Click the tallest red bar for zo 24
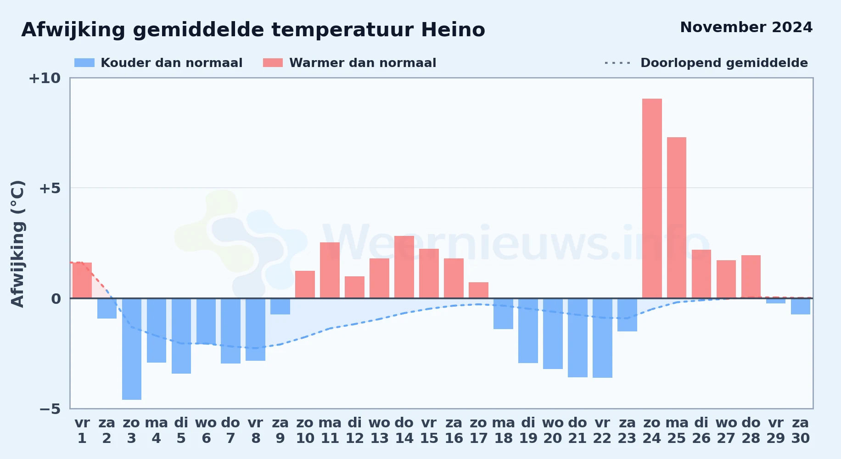pyautogui.click(x=652, y=198)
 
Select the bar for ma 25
pyautogui.click(x=677, y=218)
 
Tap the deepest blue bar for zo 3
pyautogui.click(x=132, y=349)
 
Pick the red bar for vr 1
pyautogui.click(x=82, y=280)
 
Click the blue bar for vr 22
pyautogui.click(x=602, y=338)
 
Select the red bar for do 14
pyautogui.click(x=404, y=267)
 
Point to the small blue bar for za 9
pyautogui.click(x=280, y=306)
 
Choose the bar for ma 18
pyautogui.click(x=503, y=313)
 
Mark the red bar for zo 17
pyautogui.click(x=478, y=290)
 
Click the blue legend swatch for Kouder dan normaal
pyautogui.click(x=84, y=63)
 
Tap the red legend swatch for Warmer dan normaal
pyautogui.click(x=273, y=63)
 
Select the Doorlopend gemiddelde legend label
pyautogui.click(x=724, y=63)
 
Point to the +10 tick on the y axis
pyautogui.click(x=45, y=78)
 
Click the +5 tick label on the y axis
pyautogui.click(x=50, y=188)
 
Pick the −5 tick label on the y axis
pyautogui.click(x=50, y=409)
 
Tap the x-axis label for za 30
pyautogui.click(x=801, y=430)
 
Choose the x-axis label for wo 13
pyautogui.click(x=379, y=430)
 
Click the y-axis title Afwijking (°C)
pyautogui.click(x=18, y=243)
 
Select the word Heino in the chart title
pyautogui.click(x=453, y=30)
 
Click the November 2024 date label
pyautogui.click(x=746, y=27)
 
